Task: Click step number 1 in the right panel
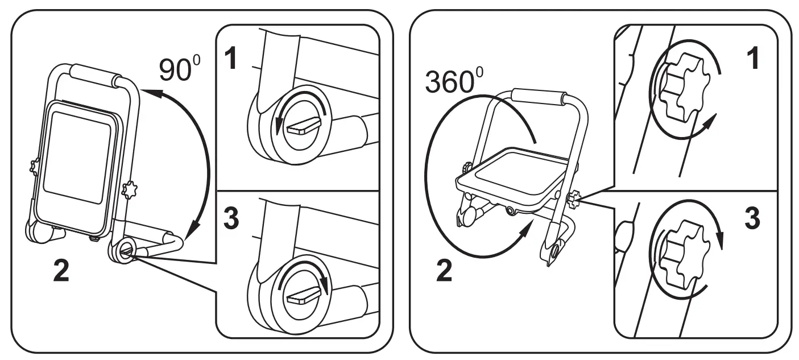(754, 59)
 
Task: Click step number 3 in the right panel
(752, 218)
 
